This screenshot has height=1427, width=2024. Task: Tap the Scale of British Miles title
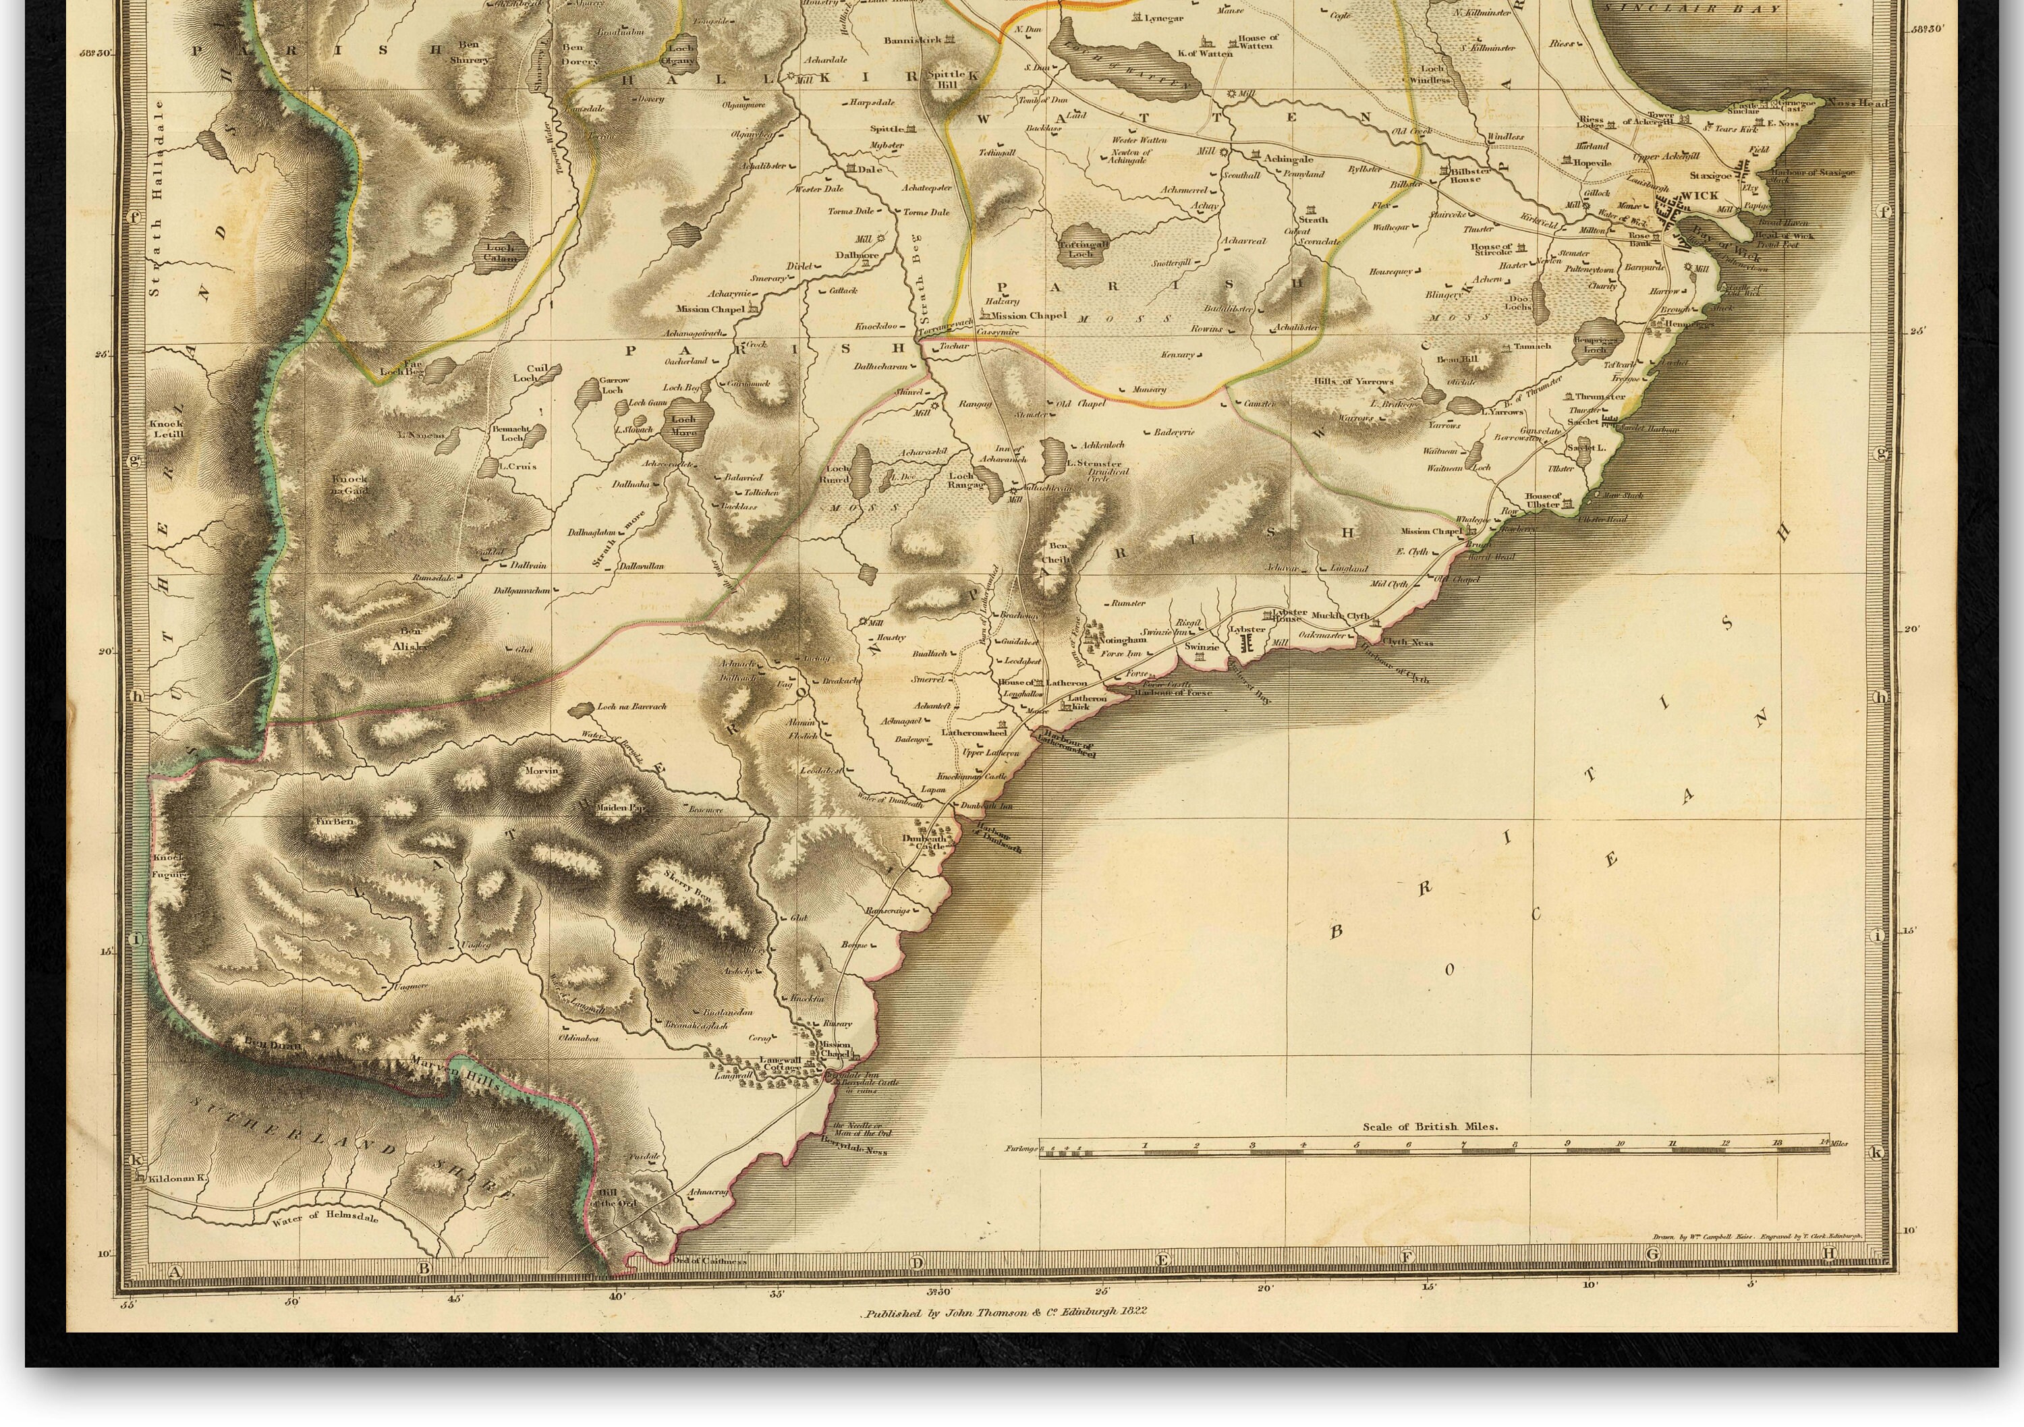[x=1430, y=1127]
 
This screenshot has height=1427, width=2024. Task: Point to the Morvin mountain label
[x=541, y=771]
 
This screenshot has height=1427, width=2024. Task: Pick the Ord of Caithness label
[x=710, y=1260]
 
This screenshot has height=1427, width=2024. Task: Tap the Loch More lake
[x=683, y=426]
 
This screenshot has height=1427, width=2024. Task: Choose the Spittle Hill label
[x=945, y=80]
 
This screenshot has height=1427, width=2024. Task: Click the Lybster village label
[x=1247, y=629]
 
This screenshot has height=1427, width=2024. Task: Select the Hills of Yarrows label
[x=1353, y=382]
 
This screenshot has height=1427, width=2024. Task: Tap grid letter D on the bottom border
[x=917, y=1263]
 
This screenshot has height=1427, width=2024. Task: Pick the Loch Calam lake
[x=500, y=253]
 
